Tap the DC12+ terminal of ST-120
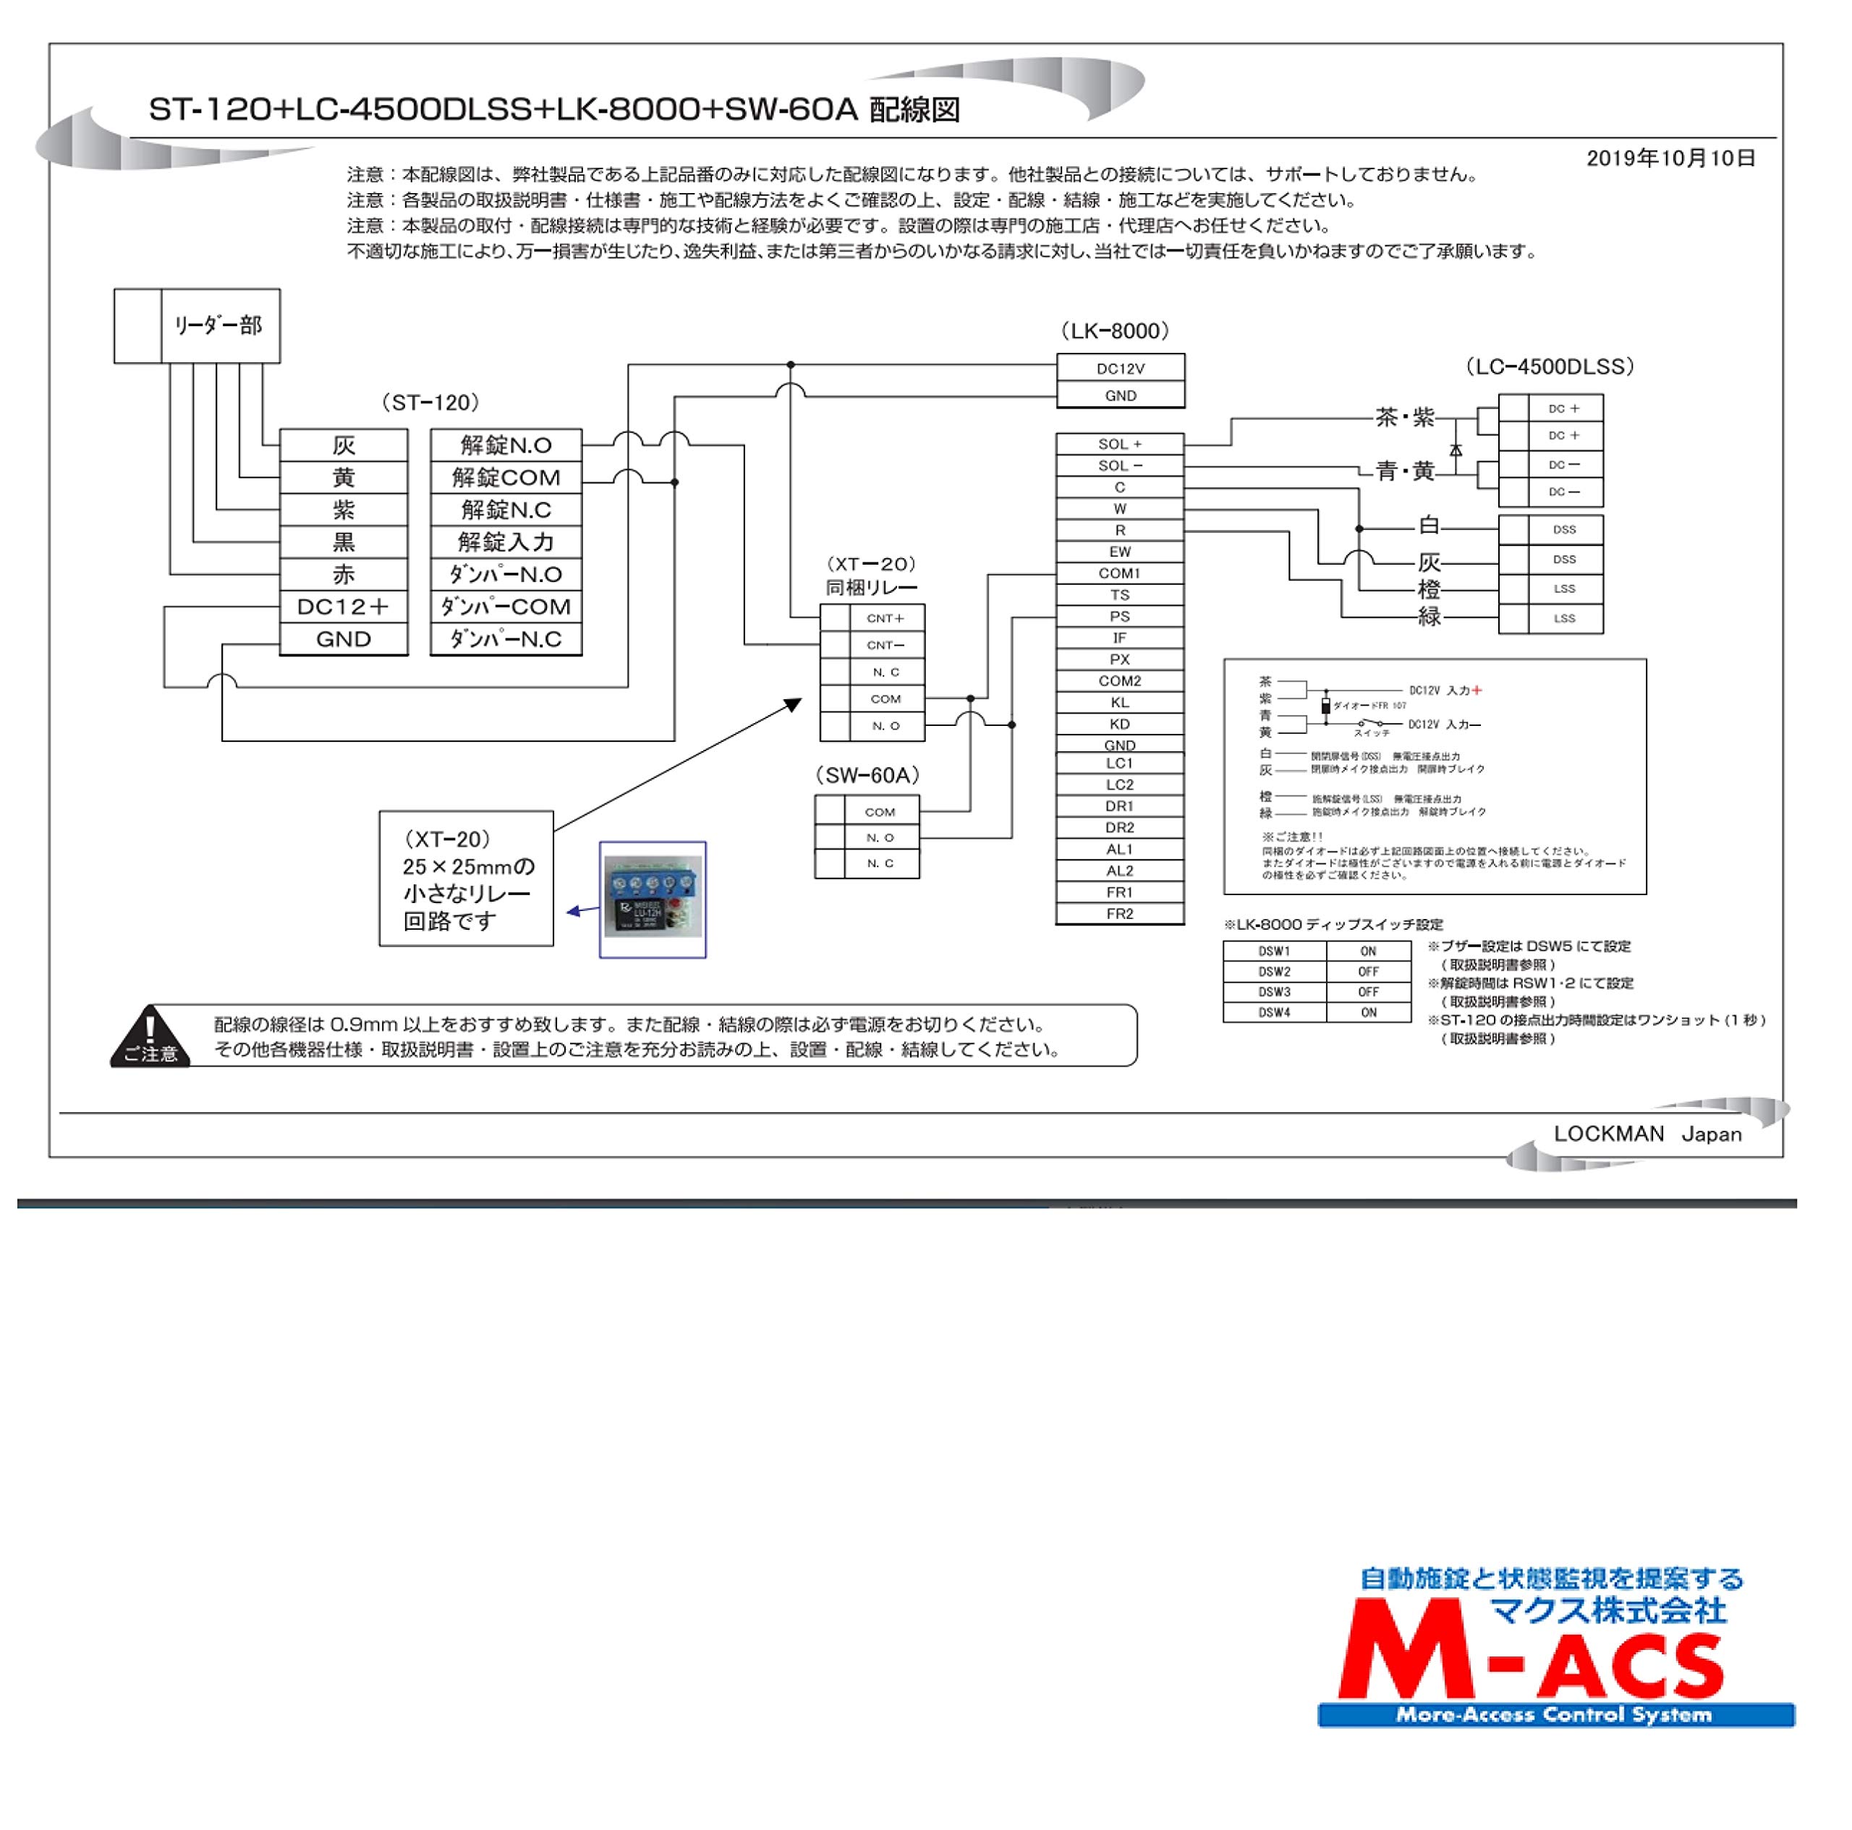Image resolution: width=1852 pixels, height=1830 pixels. pos(343,607)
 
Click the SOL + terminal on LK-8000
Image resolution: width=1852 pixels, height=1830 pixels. pos(1120,445)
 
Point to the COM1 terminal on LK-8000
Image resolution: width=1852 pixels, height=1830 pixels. pos(1120,573)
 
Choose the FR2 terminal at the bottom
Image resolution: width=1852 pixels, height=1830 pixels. pos(1120,914)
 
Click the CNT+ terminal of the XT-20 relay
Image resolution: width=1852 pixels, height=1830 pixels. pos(885,619)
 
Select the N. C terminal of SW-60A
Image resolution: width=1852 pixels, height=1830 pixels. pos(880,863)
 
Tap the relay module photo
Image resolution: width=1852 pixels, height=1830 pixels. pos(653,899)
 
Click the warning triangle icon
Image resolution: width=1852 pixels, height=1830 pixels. pos(150,1035)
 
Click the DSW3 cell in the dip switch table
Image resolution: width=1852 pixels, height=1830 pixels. pos(1274,993)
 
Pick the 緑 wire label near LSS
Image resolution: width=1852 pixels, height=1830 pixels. pos(1430,617)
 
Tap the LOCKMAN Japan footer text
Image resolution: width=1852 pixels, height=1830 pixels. pos(1647,1134)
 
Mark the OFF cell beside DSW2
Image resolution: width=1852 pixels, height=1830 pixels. pos(1368,972)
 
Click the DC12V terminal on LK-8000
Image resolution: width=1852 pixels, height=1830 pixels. pos(1120,369)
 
